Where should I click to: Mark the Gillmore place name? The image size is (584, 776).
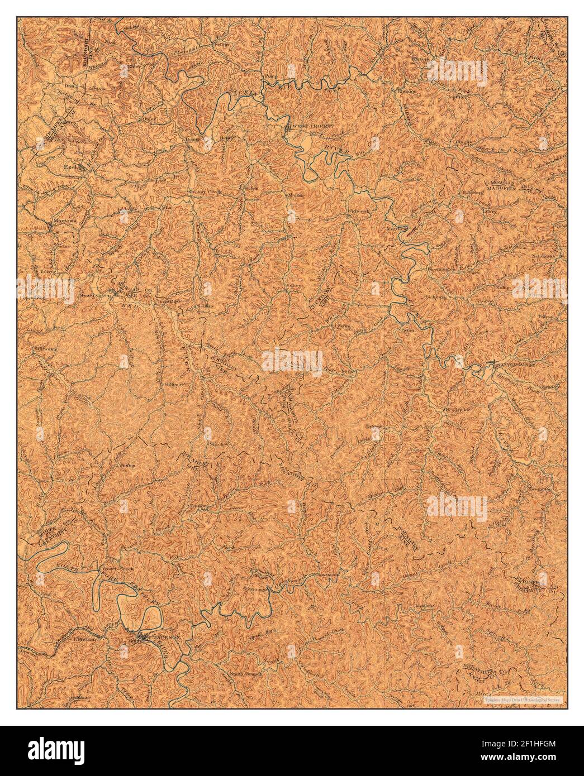tap(172, 385)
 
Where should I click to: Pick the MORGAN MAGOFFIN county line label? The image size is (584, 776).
tap(506, 185)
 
